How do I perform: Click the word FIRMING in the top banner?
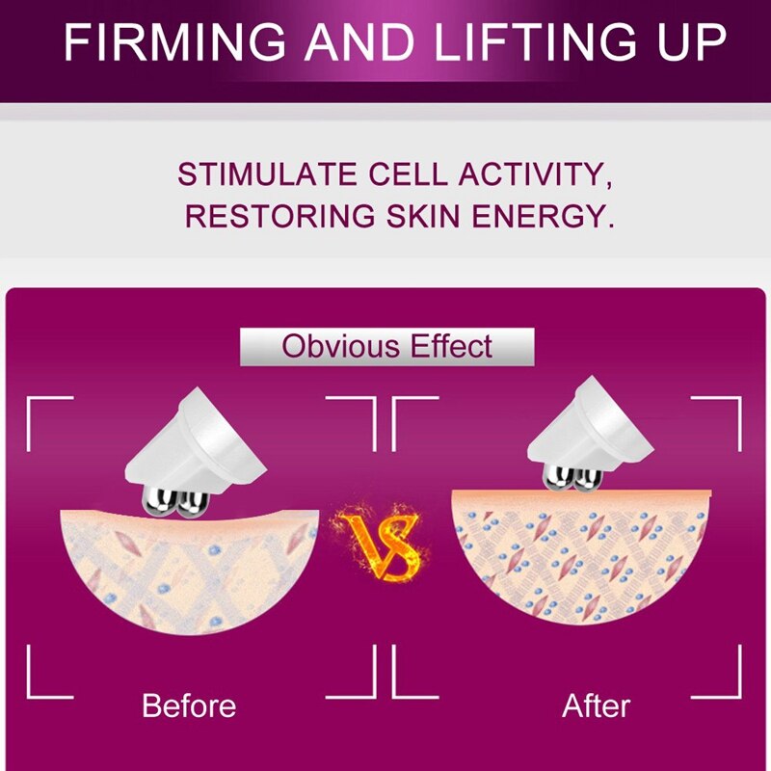tap(174, 42)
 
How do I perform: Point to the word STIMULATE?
tap(267, 174)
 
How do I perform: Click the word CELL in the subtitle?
tap(408, 174)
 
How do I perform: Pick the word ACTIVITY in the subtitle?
tap(536, 175)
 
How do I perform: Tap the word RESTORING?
tap(279, 216)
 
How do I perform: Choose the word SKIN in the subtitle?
tap(423, 216)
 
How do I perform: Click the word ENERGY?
tap(543, 216)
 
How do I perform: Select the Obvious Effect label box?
tap(387, 347)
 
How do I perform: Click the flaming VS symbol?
tap(380, 541)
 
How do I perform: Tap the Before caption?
tap(189, 705)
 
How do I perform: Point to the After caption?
tap(596, 706)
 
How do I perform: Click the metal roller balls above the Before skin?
tap(176, 501)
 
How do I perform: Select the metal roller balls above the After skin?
tap(572, 478)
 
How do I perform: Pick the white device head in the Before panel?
tap(196, 445)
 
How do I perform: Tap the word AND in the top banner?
tap(359, 42)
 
